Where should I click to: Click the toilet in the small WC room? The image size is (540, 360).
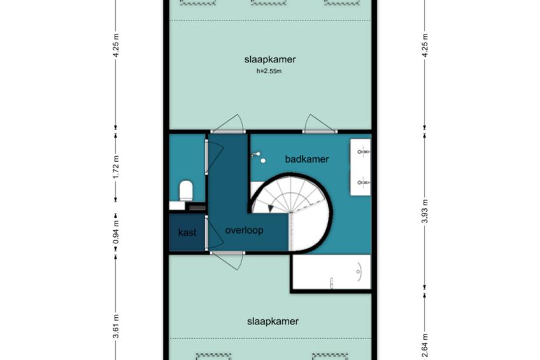click(x=186, y=191)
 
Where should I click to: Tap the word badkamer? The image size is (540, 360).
click(x=307, y=159)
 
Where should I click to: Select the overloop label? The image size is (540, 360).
click(x=244, y=230)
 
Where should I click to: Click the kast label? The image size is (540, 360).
click(x=187, y=233)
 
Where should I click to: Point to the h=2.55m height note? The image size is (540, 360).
click(x=269, y=71)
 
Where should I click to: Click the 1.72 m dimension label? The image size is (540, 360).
click(x=116, y=167)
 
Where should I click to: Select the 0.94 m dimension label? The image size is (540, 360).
click(x=116, y=232)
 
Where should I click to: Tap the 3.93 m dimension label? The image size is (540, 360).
click(x=425, y=211)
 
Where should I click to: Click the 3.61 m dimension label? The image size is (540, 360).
click(x=116, y=326)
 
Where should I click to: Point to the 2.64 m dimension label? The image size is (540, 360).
click(x=425, y=345)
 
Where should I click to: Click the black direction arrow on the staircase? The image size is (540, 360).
click(x=271, y=208)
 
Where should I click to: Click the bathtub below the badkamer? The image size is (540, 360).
click(x=332, y=272)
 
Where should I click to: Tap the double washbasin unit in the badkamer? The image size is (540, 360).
click(x=360, y=167)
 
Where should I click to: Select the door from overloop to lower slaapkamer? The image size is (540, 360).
click(x=227, y=261)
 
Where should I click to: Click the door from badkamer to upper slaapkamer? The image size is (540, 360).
click(x=319, y=124)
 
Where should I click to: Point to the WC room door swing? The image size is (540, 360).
click(x=214, y=155)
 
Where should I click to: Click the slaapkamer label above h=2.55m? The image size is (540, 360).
click(x=270, y=60)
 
